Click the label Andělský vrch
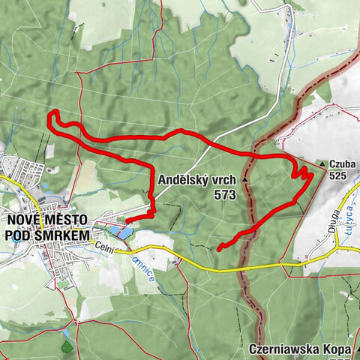[198, 180]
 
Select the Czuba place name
[342, 163]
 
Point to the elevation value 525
[338, 175]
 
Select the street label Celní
[103, 255]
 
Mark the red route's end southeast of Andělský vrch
[218, 248]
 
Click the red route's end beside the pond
[126, 220]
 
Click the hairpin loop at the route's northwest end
[52, 117]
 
